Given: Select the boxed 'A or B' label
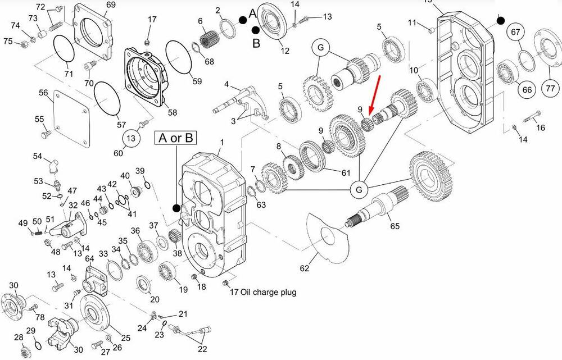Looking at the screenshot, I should [176, 138].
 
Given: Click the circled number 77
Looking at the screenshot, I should [550, 88].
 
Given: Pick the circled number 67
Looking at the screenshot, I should [515, 32].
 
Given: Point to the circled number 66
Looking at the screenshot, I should [527, 89].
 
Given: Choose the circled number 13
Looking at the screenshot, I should [131, 138].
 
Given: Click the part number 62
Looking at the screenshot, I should [304, 268].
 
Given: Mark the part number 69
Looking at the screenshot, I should [111, 5].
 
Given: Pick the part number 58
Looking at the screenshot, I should [172, 113].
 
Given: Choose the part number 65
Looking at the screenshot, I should [395, 226].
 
